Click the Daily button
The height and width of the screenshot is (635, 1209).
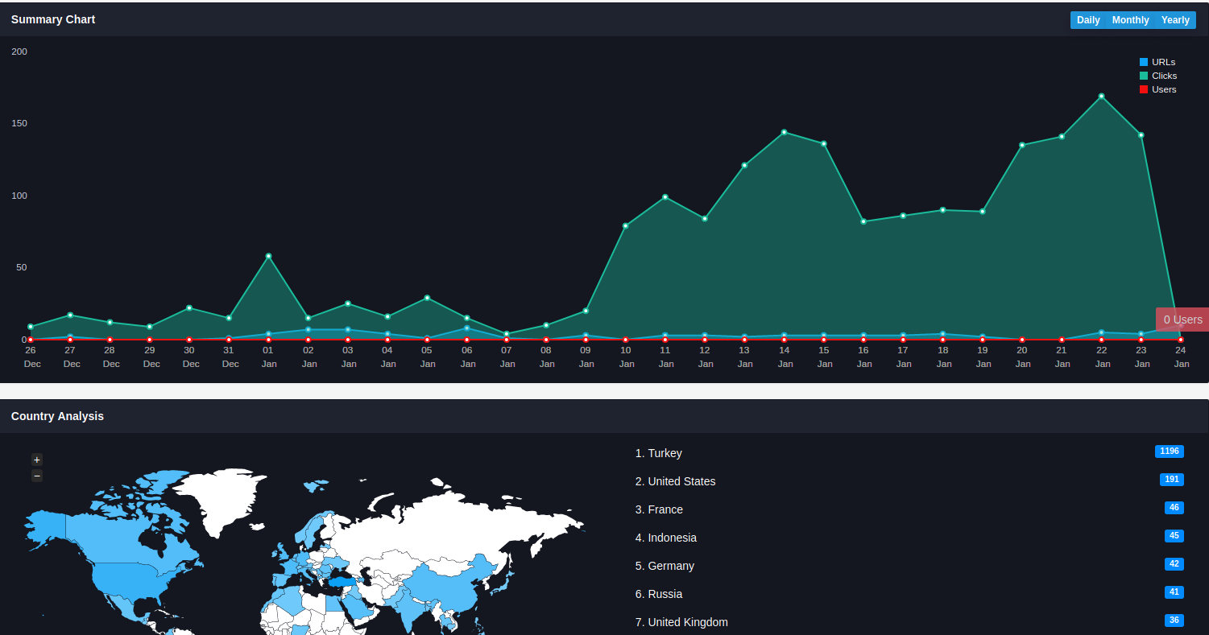pyautogui.click(x=1087, y=20)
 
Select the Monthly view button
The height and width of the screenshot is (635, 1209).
pyautogui.click(x=1130, y=20)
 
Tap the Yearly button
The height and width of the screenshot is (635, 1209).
pyautogui.click(x=1175, y=20)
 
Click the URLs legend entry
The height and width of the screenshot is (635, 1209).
pyautogui.click(x=1157, y=62)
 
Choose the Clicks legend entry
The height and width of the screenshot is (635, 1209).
pyautogui.click(x=1158, y=76)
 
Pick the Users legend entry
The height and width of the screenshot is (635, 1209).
pyautogui.click(x=1157, y=89)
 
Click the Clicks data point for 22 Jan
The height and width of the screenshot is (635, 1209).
pyautogui.click(x=1102, y=97)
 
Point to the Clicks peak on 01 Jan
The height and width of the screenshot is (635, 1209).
pyautogui.click(x=269, y=256)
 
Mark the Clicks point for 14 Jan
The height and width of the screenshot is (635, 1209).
pyautogui.click(x=785, y=132)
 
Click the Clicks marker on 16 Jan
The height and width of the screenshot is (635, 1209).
pyautogui.click(x=863, y=221)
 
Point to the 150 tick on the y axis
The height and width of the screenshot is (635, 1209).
pyautogui.click(x=19, y=124)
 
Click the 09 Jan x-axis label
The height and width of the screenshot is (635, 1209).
pyautogui.click(x=586, y=357)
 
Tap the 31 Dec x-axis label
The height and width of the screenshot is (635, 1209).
pyautogui.click(x=230, y=357)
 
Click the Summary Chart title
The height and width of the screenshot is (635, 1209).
pyautogui.click(x=53, y=19)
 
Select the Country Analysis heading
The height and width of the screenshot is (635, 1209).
pyautogui.click(x=57, y=417)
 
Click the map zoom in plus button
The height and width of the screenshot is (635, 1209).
pyautogui.click(x=37, y=460)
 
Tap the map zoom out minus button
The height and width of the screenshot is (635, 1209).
pyautogui.click(x=37, y=476)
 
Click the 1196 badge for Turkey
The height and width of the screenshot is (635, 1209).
pyautogui.click(x=1169, y=451)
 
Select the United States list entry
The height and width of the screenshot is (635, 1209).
pyautogui.click(x=675, y=481)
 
